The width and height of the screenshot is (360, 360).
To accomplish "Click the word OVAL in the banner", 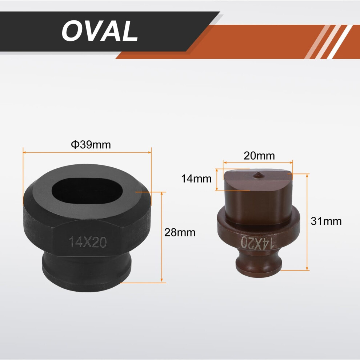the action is (100, 31).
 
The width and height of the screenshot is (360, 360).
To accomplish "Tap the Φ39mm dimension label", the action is (91, 145).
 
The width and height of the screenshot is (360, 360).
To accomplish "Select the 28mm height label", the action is (180, 233).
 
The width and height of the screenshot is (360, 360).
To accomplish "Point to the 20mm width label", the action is (259, 156).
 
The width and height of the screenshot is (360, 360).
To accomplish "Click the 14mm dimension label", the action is (196, 179).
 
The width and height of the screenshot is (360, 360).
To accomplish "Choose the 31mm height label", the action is (326, 221).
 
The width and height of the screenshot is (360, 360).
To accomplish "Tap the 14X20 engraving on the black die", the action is (88, 242).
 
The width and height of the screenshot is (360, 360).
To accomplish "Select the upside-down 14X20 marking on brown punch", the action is (257, 243).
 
